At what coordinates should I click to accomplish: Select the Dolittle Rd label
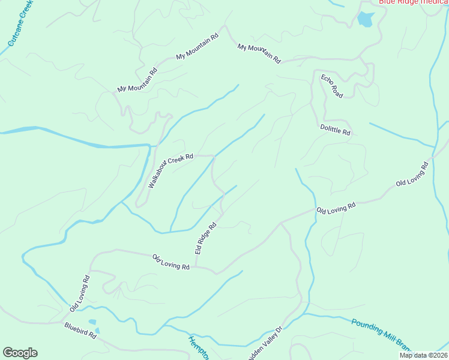point(335,130)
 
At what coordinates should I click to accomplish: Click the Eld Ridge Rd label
point(205,239)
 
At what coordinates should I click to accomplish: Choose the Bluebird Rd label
point(80,331)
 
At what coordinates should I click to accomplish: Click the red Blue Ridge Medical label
point(413,2)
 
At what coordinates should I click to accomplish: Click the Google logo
point(20,353)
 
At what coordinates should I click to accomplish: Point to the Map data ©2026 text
point(423,355)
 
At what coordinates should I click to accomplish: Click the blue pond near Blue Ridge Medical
point(365,20)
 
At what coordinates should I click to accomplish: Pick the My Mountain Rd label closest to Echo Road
point(259,53)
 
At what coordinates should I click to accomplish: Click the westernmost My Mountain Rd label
point(137,80)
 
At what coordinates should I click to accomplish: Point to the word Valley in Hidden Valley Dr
point(267,340)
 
